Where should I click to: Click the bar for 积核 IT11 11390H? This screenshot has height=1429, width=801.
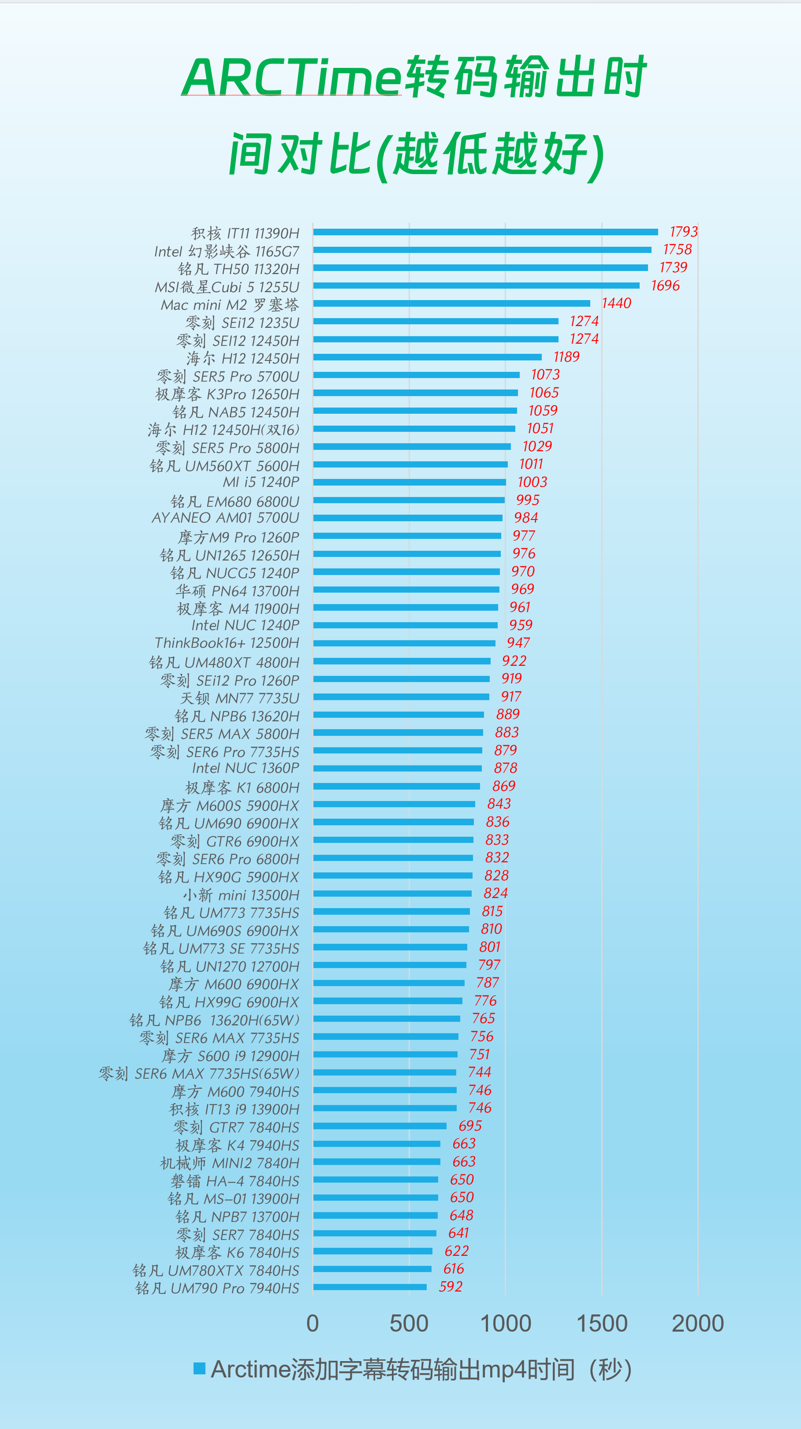point(485,232)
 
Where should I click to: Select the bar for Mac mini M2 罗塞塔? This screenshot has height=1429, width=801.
point(451,304)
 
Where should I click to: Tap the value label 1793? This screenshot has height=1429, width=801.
point(683,231)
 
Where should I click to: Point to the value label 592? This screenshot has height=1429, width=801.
point(450,1286)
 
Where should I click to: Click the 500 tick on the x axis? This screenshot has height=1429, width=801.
point(409,1324)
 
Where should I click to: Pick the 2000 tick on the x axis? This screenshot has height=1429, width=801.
point(697,1324)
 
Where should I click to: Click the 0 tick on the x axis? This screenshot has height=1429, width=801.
point(313,1324)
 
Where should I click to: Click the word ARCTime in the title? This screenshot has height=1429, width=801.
point(291,78)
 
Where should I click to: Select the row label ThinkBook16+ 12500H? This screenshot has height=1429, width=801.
point(227,643)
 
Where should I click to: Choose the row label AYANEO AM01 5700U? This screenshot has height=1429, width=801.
point(225,518)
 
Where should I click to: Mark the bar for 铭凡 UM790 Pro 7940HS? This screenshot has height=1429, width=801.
point(370,1287)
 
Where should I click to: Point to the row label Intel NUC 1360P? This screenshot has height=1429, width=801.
point(246,768)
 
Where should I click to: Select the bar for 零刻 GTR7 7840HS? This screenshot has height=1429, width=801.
point(380,1126)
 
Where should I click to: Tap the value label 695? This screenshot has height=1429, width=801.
point(469,1125)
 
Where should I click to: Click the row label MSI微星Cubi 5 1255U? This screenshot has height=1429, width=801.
point(227,287)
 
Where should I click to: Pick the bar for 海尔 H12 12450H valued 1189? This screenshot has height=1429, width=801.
point(427,357)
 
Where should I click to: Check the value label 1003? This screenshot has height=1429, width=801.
point(532,482)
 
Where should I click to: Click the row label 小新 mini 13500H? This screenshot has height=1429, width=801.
point(241,895)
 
